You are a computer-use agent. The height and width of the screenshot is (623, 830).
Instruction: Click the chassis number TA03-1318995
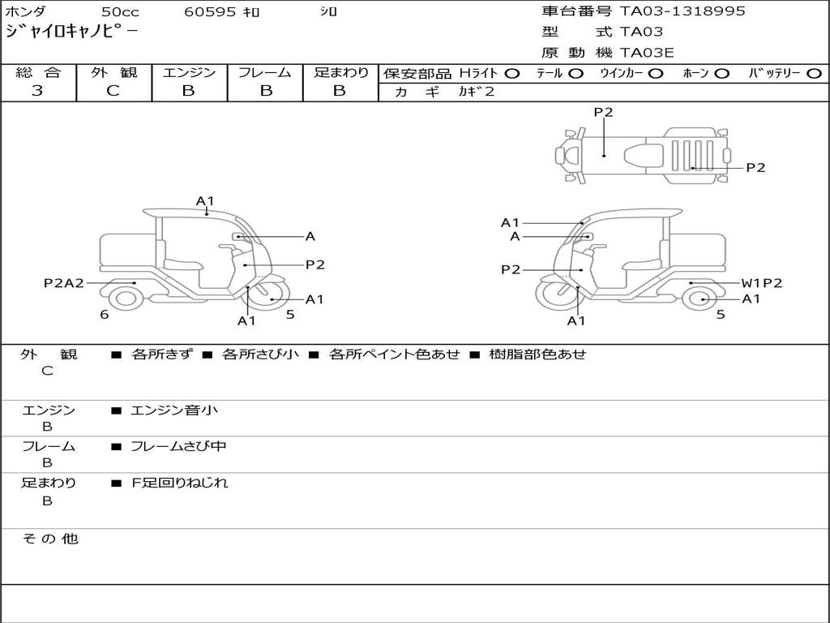(682, 11)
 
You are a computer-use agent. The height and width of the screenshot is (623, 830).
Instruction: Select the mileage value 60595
(209, 12)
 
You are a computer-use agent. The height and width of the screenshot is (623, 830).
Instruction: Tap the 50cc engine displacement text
(120, 12)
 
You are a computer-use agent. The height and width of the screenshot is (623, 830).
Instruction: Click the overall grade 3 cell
(37, 91)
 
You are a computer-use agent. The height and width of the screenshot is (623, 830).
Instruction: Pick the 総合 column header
(38, 72)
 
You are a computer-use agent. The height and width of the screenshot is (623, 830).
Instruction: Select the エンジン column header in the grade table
(189, 72)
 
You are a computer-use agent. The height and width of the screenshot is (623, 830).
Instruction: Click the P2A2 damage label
(63, 283)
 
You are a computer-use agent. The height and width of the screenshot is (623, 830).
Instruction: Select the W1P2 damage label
(762, 283)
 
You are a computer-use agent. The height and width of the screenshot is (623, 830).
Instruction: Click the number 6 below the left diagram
(105, 315)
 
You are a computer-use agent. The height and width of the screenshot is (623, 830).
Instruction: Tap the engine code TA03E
(646, 53)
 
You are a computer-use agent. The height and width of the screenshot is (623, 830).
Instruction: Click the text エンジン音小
(174, 410)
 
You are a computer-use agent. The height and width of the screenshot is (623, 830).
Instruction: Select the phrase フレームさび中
(178, 446)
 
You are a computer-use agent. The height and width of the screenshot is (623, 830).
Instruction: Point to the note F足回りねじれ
(180, 483)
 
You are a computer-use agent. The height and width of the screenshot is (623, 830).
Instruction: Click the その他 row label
(49, 539)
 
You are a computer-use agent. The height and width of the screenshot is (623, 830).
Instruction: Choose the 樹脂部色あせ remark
(537, 354)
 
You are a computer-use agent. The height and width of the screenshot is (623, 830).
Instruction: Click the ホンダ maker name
(26, 12)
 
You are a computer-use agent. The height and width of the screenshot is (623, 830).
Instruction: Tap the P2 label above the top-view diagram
(603, 113)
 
